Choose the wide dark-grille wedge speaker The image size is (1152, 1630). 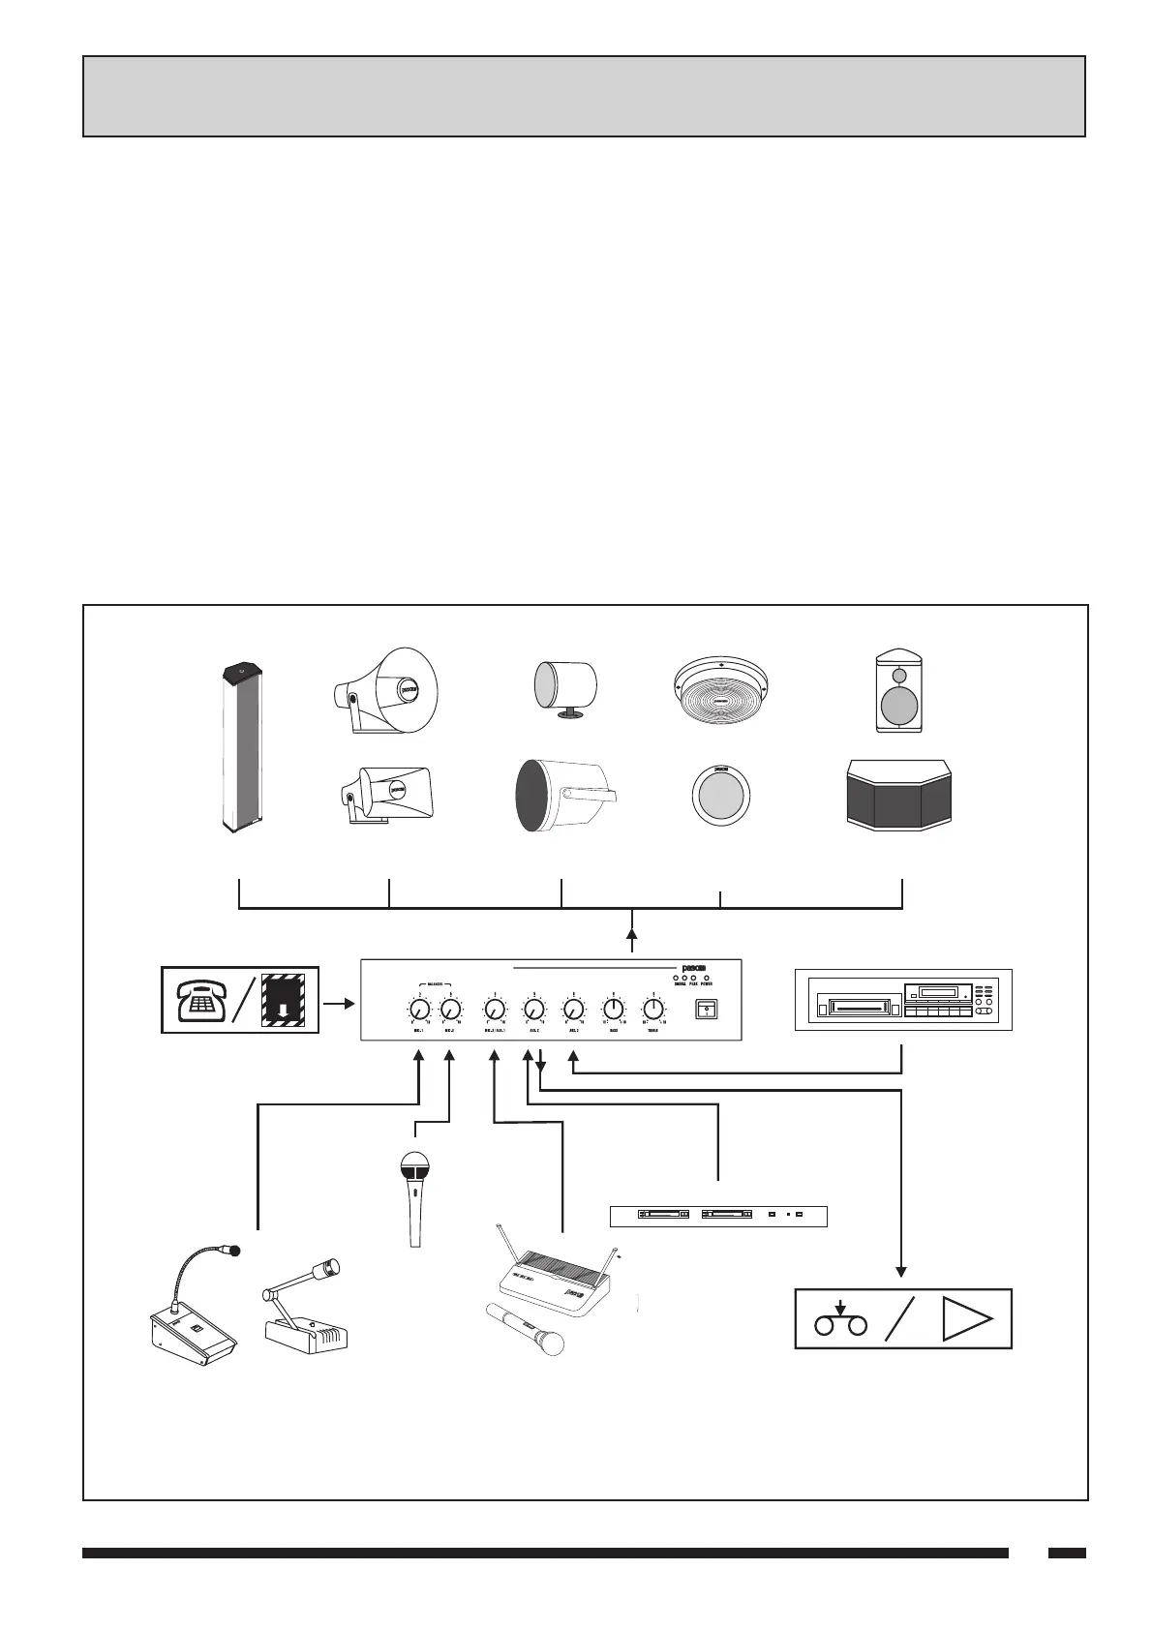click(x=899, y=795)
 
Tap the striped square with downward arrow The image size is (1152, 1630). click(x=284, y=998)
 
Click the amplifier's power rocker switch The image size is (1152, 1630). click(x=707, y=1010)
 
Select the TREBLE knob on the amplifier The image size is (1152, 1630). click(x=654, y=1009)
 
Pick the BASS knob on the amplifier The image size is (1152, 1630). click(x=613, y=1009)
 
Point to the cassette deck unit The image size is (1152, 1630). click(x=902, y=999)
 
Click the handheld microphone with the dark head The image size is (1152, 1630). click(x=416, y=1196)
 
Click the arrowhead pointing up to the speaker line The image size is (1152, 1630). click(x=632, y=934)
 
